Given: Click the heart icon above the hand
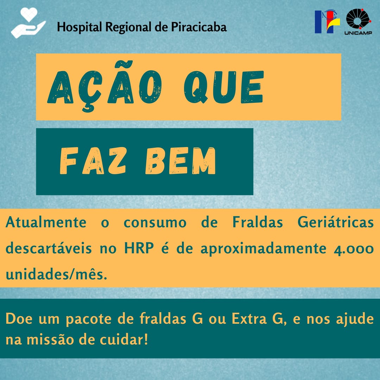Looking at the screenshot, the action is coord(29,14).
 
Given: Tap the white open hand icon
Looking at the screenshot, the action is coord(28,29).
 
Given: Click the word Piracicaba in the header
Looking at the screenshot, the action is coord(199,27).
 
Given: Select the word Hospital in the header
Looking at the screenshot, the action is coord(79,27).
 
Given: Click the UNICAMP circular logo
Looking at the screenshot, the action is coord(358,22).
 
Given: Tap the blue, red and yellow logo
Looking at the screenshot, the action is coord(327,21).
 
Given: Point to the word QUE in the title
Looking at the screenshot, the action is coord(223,87).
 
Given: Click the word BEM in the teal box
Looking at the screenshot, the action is coord(180,161).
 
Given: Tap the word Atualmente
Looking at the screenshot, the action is coord(46,222).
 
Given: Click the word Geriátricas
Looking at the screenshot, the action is coord(335,222).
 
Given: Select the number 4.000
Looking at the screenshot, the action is coord(354,249).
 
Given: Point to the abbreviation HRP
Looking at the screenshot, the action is coord(139,248).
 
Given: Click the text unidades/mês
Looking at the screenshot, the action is coord(56,275).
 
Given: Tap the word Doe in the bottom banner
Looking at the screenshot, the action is coord(19,319).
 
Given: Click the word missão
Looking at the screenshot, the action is coord(50,340).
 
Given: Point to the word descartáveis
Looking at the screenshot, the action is coord(49,248).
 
